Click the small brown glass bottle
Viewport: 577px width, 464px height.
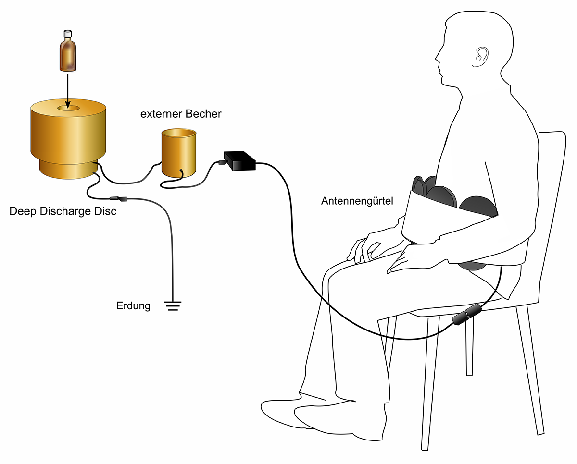point(68,54)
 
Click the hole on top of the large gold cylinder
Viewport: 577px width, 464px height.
point(68,108)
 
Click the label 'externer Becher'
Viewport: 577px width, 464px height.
point(181,114)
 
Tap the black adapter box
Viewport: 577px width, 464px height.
point(239,160)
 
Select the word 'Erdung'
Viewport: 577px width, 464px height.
point(134,306)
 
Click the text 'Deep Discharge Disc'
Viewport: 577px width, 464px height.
point(63,211)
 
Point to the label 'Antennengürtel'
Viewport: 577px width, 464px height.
point(357,201)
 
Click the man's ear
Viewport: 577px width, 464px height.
point(480,56)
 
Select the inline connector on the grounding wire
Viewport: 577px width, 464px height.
point(118,198)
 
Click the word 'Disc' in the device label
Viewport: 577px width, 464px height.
point(106,211)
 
